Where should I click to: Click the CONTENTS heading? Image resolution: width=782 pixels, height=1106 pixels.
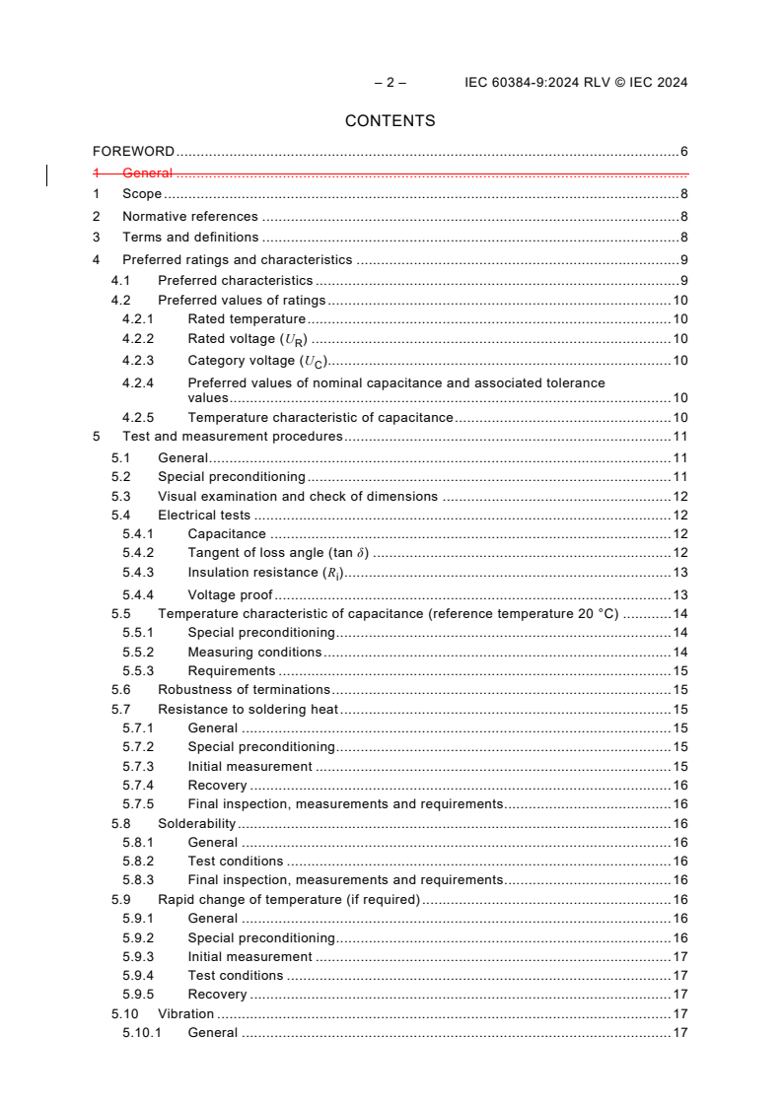(x=390, y=121)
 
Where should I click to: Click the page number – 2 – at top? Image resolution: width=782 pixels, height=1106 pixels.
(x=390, y=83)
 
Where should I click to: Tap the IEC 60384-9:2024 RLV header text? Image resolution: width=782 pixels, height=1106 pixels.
(x=576, y=83)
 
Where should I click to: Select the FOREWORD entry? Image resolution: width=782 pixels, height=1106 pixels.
(x=133, y=152)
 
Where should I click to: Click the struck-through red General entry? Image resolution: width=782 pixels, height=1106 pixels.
(x=147, y=173)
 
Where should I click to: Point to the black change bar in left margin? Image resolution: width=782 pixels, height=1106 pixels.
(x=47, y=175)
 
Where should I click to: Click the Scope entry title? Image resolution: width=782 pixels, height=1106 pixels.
(x=141, y=194)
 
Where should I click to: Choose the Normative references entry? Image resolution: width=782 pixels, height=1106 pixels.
(x=189, y=216)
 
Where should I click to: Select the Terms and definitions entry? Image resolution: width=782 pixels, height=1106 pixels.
(x=189, y=237)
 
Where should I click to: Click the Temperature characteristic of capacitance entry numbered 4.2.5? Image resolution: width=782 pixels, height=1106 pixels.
(x=320, y=417)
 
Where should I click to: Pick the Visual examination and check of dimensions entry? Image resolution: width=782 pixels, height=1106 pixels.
(x=297, y=496)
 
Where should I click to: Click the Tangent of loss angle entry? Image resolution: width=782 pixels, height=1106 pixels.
(x=278, y=553)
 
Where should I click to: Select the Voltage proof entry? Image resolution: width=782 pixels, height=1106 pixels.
(x=230, y=594)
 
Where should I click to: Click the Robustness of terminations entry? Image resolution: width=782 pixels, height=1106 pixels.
(x=244, y=689)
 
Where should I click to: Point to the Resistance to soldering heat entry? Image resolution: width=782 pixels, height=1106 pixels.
(x=248, y=709)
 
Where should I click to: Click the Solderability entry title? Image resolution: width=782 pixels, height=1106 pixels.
(x=196, y=823)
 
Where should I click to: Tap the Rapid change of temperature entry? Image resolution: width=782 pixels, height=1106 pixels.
(x=288, y=899)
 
